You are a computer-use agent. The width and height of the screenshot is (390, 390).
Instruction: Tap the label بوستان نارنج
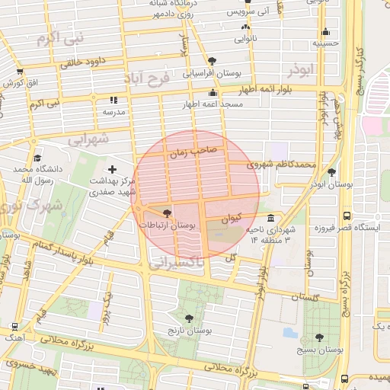(189, 331)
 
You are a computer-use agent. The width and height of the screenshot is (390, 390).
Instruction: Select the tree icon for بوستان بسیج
(319, 337)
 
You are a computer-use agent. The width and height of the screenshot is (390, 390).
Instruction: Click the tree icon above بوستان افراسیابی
(211, 62)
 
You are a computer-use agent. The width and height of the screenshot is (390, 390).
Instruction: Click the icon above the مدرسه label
(114, 100)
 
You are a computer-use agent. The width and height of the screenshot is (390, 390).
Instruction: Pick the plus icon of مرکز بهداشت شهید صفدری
(113, 169)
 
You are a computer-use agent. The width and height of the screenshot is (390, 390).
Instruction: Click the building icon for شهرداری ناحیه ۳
(271, 218)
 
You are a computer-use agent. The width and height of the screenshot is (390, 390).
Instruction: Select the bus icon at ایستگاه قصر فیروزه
(347, 216)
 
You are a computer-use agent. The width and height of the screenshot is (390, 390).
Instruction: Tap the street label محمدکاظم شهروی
(280, 164)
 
